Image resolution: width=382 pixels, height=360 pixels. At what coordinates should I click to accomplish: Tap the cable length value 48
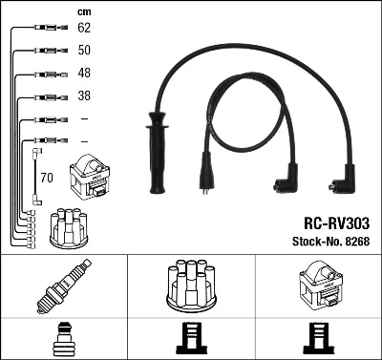(x=83, y=74)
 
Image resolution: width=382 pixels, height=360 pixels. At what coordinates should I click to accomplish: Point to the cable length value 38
(x=83, y=96)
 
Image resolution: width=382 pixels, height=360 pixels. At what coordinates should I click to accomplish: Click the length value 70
(x=47, y=177)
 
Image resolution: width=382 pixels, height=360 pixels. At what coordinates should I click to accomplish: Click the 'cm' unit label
(x=83, y=11)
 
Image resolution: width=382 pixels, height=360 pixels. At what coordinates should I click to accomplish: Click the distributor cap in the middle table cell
(x=191, y=286)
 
